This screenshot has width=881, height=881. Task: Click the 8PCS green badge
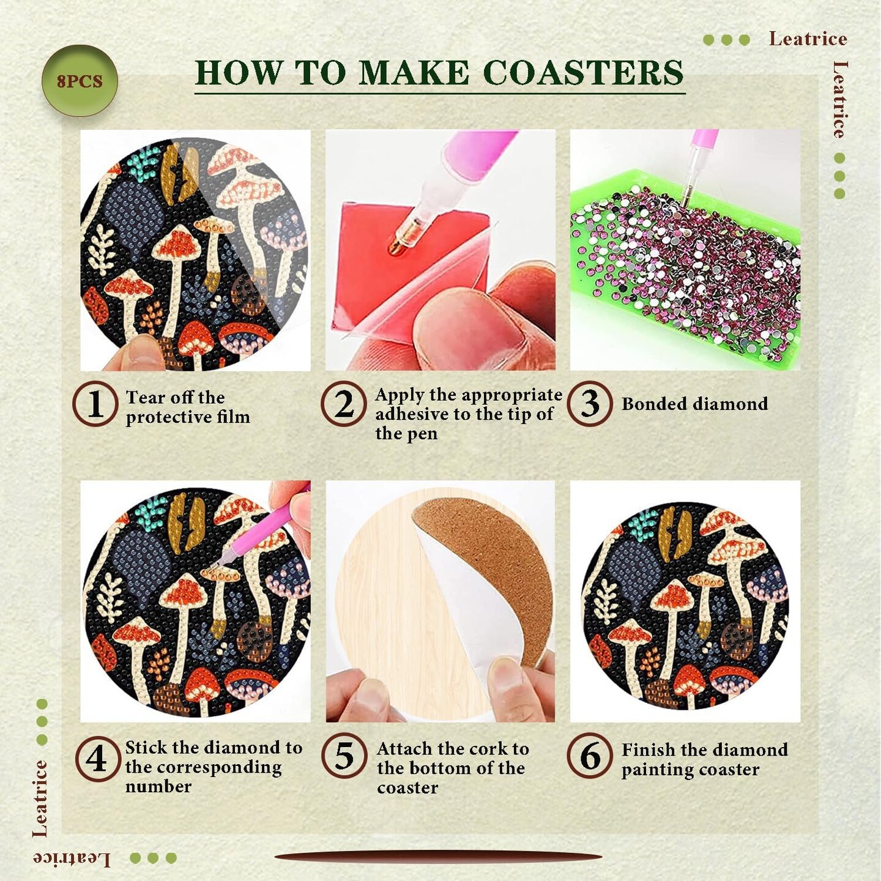(x=80, y=81)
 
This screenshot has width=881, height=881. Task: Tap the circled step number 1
(x=95, y=404)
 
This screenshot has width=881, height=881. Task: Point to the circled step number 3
(x=590, y=404)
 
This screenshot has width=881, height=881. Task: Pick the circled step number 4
(x=97, y=757)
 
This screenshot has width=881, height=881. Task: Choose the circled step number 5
(x=344, y=756)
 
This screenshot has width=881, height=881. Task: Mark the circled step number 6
(x=590, y=756)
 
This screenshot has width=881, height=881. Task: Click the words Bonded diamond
(x=694, y=404)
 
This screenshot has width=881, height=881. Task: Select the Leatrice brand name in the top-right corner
(x=808, y=39)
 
